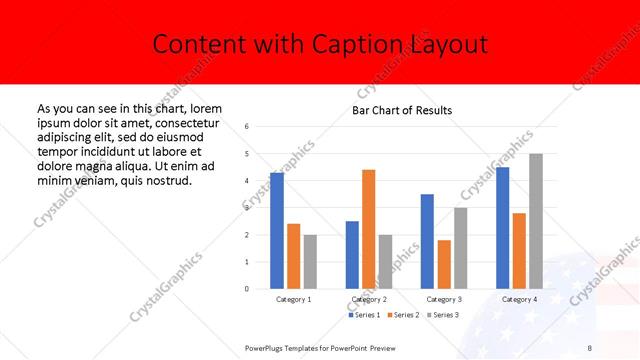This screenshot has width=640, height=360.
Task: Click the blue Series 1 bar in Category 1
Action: coord(277,230)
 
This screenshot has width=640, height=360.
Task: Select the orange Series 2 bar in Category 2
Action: coord(368,229)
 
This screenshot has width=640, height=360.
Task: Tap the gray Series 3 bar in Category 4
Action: coord(536,221)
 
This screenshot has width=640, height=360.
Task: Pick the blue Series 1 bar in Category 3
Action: coord(427,241)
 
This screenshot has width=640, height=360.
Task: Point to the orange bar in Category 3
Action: coord(444,264)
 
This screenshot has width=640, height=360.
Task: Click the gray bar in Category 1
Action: coord(310,261)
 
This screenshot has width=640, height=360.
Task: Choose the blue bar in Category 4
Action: coord(502,227)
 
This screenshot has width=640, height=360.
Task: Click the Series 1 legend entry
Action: coord(366,315)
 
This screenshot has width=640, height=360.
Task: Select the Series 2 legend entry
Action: coord(403,315)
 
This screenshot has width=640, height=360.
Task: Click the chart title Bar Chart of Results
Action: coord(402,110)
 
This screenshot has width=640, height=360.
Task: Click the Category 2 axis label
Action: coord(368,299)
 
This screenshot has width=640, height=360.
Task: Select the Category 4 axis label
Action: coord(519,299)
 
